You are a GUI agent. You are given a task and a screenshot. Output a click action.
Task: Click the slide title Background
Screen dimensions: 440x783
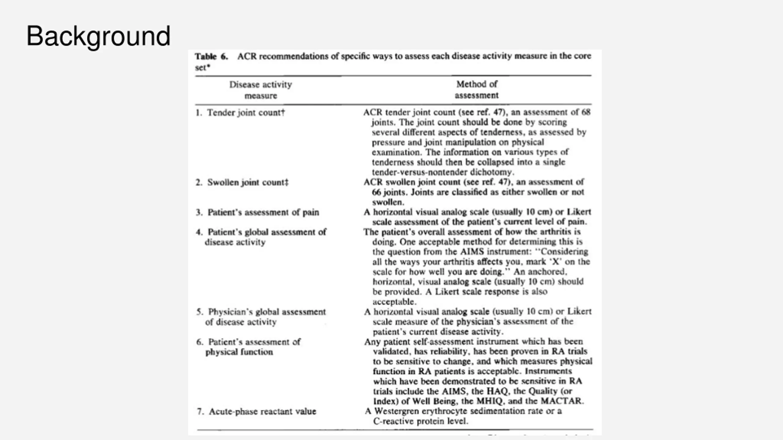[98, 36]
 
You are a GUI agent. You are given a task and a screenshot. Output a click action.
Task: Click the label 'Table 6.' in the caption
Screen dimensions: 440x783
[211, 57]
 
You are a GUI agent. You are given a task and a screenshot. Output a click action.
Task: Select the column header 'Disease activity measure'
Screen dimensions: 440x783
[261, 90]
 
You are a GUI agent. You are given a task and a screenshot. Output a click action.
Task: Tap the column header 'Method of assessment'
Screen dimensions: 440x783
[477, 90]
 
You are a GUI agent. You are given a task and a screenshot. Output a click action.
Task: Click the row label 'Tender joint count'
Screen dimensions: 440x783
[246, 112]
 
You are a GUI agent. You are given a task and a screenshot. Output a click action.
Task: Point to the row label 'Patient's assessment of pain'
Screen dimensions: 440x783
[263, 212]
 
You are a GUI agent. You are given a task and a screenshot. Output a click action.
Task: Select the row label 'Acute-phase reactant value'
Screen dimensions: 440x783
[262, 411]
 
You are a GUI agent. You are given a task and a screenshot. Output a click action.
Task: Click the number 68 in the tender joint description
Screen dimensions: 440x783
[586, 112]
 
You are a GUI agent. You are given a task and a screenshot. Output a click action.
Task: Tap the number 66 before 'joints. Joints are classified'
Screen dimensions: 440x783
[377, 192]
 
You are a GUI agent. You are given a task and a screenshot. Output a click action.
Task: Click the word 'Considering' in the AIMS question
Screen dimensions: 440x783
[564, 251]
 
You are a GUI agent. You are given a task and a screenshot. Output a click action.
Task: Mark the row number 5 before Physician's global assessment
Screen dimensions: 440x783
[199, 312]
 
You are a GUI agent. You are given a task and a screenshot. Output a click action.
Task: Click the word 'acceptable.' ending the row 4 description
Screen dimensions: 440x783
[394, 302]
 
